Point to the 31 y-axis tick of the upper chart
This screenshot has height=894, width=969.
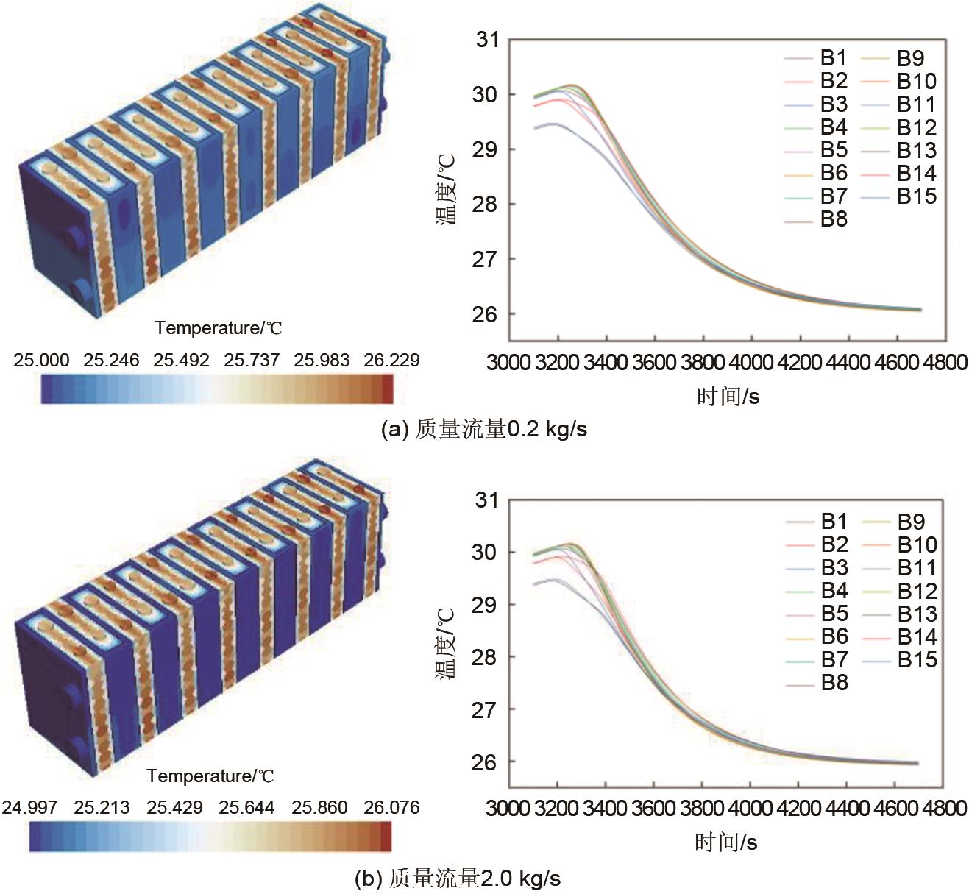pos(487,40)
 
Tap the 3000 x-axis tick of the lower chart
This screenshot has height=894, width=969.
pos(508,808)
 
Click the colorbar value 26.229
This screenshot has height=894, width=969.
pos(391,361)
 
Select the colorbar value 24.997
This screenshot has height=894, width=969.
pos(29,808)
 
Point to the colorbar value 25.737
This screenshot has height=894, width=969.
pos(252,361)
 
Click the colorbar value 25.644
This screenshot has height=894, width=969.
pos(246,808)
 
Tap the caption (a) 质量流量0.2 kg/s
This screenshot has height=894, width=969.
pos(483,429)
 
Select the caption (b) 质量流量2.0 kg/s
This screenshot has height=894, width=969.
pos(457,879)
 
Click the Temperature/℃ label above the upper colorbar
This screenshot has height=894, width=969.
pos(218,328)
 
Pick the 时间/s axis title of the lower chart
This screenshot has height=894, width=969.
pos(725,842)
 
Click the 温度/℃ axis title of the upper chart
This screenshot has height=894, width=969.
pos(448,189)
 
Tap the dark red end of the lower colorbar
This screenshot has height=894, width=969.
pos(386,837)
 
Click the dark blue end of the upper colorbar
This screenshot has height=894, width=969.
pos(47,389)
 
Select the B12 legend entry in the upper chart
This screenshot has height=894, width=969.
pos(916,128)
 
